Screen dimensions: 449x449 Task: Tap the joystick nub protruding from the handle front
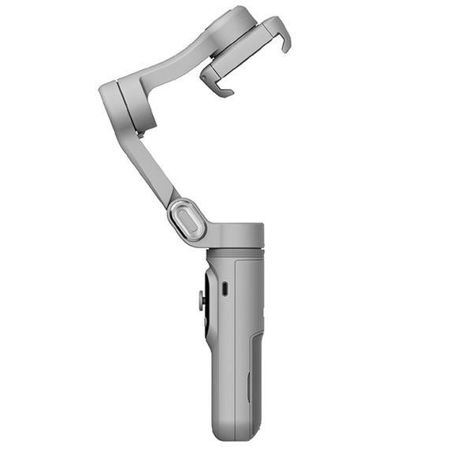pyautogui.click(x=202, y=300)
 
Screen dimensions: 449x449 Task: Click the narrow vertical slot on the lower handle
pyautogui.click(x=248, y=386)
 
